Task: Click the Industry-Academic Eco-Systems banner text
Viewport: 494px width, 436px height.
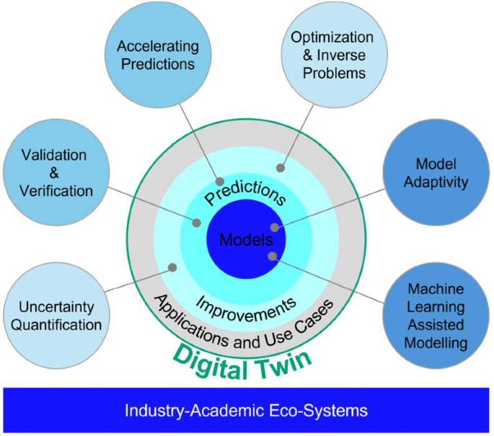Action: click(246, 411)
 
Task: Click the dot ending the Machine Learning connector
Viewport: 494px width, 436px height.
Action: click(272, 256)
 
